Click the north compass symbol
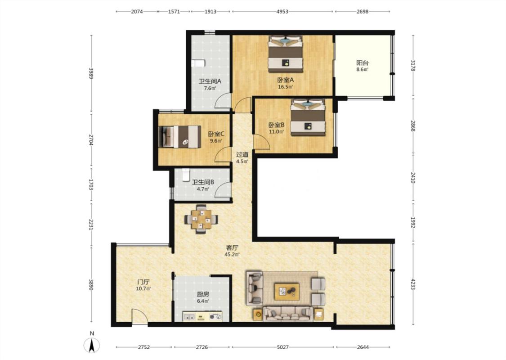click(x=92, y=345)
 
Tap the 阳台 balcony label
click(x=362, y=63)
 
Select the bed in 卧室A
click(x=286, y=54)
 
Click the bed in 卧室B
click(x=308, y=117)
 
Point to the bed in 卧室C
click(x=180, y=136)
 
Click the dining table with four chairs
click(x=201, y=219)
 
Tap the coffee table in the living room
click(x=287, y=290)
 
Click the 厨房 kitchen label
click(x=203, y=294)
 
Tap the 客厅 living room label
click(x=232, y=247)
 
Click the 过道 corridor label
click(x=242, y=155)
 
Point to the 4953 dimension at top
click(x=282, y=12)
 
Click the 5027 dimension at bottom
click(x=283, y=347)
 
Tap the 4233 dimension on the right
click(x=413, y=284)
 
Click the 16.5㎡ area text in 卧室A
click(x=286, y=86)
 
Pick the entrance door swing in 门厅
click(x=139, y=316)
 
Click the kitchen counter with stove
click(x=203, y=316)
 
